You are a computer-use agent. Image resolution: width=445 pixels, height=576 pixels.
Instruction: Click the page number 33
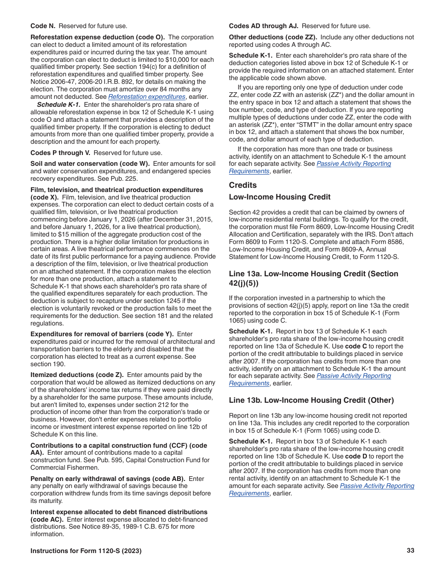point(410,551)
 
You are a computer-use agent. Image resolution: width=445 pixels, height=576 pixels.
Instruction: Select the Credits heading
point(243,185)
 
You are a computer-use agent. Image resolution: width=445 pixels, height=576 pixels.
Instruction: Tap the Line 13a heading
point(313,278)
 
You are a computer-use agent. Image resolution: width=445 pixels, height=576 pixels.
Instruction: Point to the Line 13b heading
point(311,400)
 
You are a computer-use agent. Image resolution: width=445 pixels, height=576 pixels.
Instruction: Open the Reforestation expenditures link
point(147,96)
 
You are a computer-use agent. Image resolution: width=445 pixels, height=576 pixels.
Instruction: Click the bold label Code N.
point(43,26)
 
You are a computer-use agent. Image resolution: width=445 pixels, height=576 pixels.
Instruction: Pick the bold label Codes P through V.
point(60,153)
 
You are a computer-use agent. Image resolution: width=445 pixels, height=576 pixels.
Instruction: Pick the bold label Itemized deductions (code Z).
point(77,375)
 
